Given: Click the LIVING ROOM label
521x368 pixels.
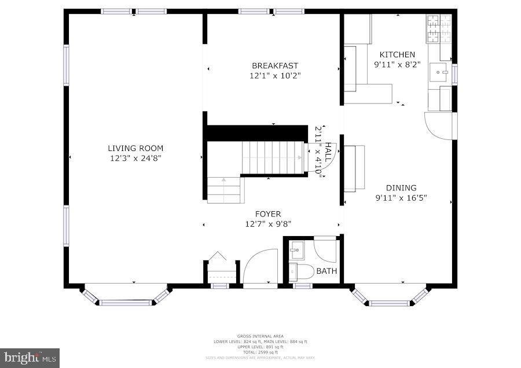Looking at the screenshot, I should point(135,148).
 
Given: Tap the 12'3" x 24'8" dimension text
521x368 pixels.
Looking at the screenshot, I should point(135,158).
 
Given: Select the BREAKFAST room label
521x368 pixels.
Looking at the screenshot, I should point(275,66).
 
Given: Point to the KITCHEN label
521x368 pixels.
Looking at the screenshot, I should point(397,55).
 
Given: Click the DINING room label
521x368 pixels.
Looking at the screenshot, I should point(401,187).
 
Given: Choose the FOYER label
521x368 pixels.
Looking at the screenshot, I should point(267,214).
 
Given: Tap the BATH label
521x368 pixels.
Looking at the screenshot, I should point(326,271).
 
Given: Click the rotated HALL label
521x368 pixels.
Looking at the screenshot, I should point(328,152).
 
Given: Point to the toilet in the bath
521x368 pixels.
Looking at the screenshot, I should point(302,270).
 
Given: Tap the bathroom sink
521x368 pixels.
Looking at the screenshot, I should point(297,250).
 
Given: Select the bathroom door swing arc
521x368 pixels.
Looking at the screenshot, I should point(325,250).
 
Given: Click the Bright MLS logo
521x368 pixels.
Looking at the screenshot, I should point(30,358).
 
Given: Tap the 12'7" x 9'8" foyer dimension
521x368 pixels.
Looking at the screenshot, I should point(267,224).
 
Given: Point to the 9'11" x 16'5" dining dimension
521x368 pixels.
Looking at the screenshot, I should point(401,197).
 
